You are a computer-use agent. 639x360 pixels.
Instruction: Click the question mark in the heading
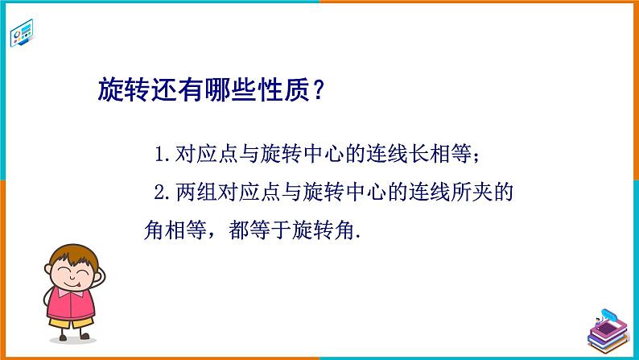point(318,87)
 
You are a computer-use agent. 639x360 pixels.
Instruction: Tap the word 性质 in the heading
point(281,87)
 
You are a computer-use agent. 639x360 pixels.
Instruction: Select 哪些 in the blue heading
point(228,87)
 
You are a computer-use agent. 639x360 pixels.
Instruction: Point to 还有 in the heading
point(175,87)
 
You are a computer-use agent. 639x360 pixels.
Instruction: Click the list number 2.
point(158,193)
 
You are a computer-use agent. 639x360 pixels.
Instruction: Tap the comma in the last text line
point(212,237)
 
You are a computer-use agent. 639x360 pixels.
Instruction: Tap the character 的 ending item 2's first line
point(504,193)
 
